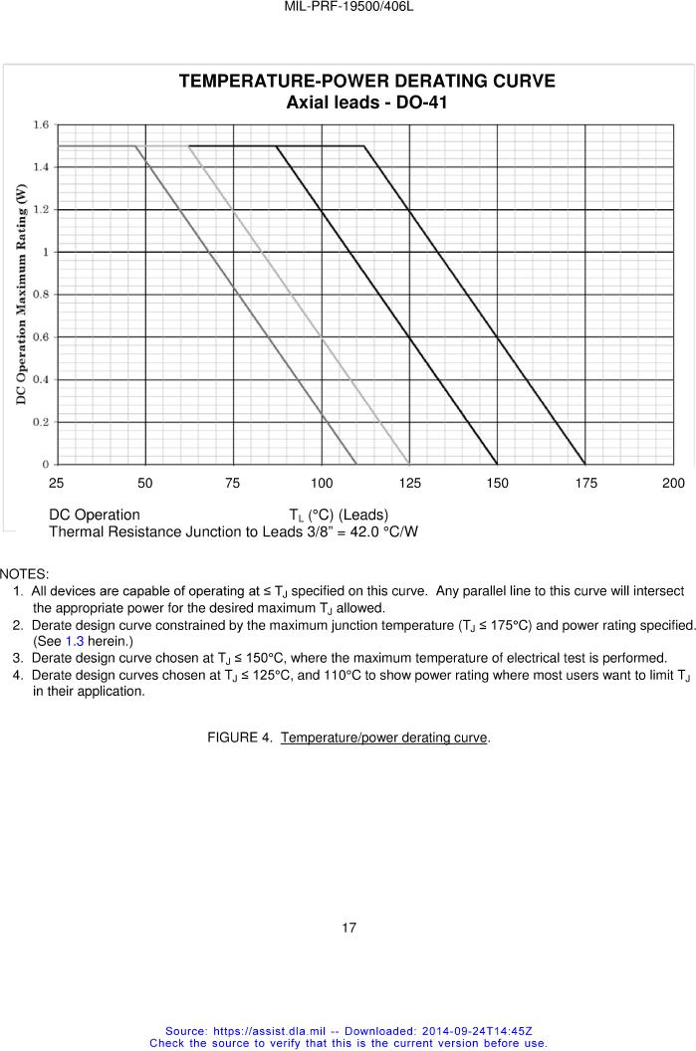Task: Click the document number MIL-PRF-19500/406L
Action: coord(348,6)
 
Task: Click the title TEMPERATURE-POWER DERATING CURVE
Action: coord(366,82)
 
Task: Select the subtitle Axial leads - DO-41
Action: coord(359,103)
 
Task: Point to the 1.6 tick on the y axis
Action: coord(41,125)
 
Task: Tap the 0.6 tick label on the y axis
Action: coord(41,337)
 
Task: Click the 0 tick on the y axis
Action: coord(46,465)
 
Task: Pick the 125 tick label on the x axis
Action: coord(409,484)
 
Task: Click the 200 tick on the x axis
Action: coord(673,484)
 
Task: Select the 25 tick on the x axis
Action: coord(57,484)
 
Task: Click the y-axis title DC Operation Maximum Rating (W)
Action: coord(20,296)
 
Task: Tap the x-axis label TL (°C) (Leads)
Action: coord(339,515)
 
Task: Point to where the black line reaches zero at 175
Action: coord(585,464)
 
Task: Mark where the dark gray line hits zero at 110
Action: coord(356,464)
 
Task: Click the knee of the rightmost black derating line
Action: coord(364,146)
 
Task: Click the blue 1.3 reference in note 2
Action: coord(74,641)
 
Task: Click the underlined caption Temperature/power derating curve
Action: coord(384,736)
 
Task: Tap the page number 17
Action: coord(348,928)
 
